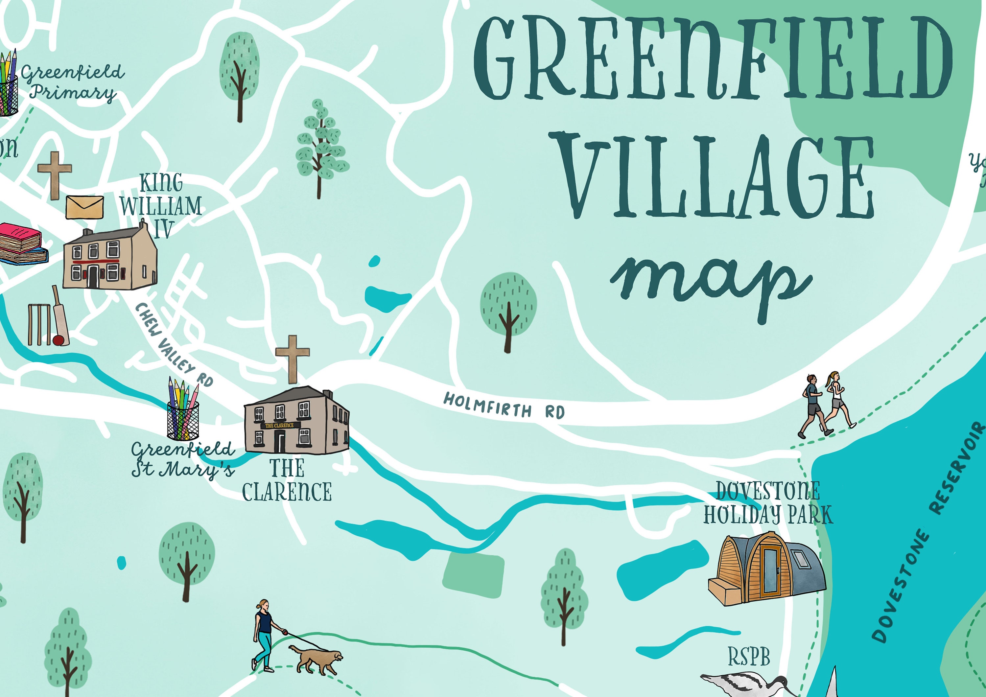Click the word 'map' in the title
(711, 286)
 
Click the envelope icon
(84, 207)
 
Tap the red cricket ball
(59, 340)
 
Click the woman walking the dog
(264, 636)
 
